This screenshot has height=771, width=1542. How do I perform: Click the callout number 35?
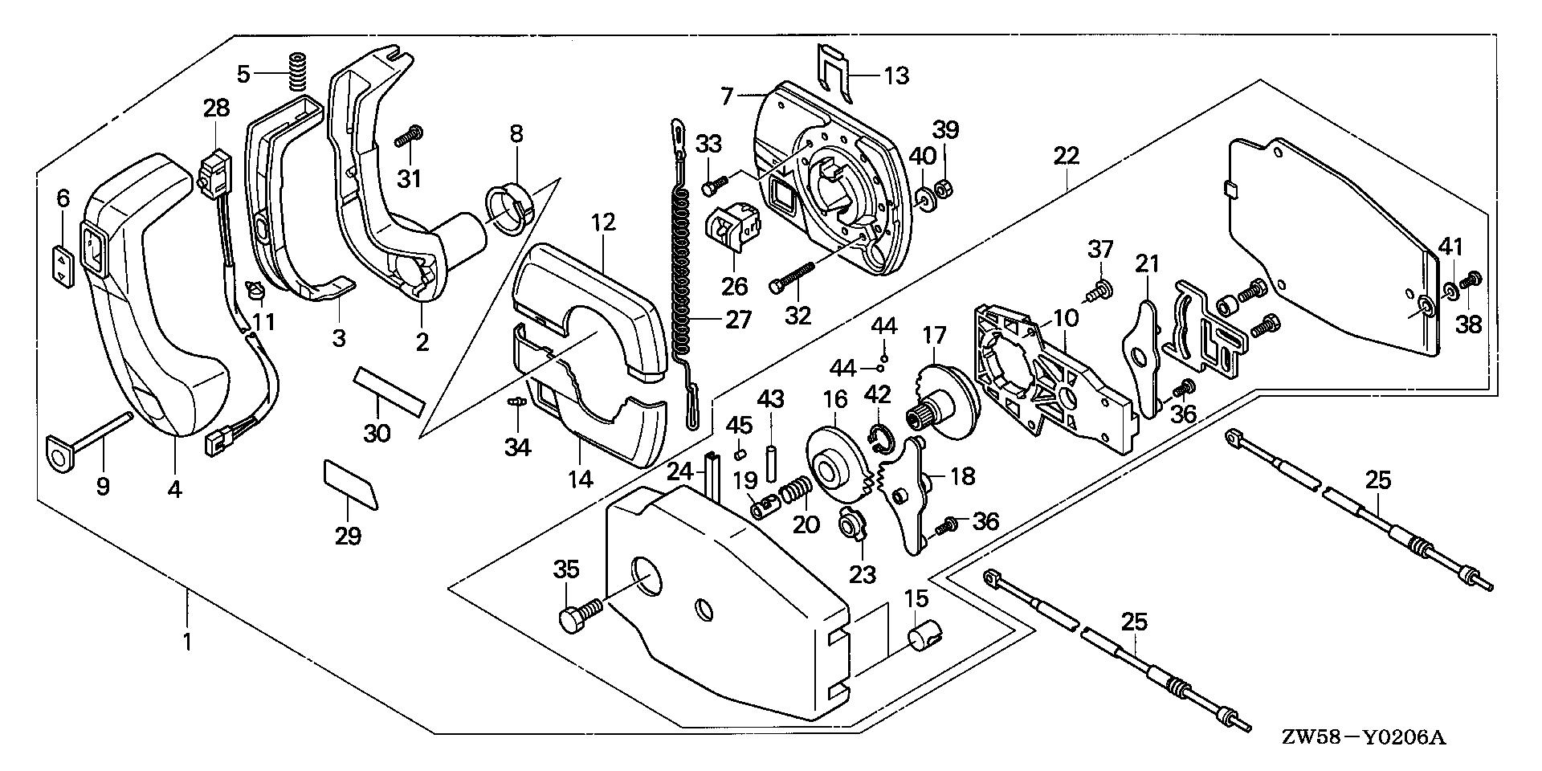coord(566,570)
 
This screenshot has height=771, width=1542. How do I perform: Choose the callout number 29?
coord(348,534)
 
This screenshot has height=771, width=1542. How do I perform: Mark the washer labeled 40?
coord(924,199)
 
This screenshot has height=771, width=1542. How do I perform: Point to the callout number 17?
coord(934,334)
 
